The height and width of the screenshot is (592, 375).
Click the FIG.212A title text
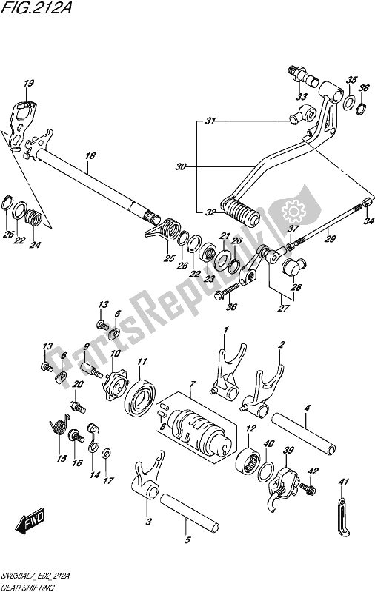click(x=36, y=7)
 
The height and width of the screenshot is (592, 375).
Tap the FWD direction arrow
click(x=30, y=522)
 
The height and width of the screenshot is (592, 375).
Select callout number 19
click(x=29, y=84)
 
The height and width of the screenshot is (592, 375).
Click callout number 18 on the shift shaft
click(x=90, y=155)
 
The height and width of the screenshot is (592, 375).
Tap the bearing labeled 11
click(x=141, y=397)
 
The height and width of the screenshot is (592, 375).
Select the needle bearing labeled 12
click(x=248, y=460)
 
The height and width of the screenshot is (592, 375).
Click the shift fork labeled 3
click(x=147, y=477)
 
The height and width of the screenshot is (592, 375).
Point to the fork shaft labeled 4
click(x=303, y=432)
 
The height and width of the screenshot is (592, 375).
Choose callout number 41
click(x=344, y=482)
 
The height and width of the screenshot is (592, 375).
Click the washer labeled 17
click(x=107, y=453)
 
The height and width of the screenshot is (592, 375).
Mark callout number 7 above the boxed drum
click(x=193, y=384)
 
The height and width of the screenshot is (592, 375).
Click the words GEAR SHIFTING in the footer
click(x=28, y=588)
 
